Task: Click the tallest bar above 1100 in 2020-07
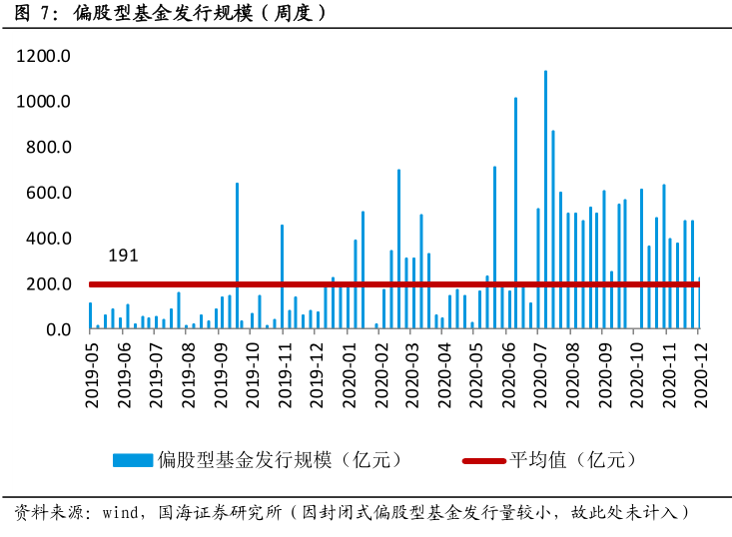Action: [x=545, y=200]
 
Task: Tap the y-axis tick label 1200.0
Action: [x=42, y=57]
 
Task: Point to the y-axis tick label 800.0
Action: [x=47, y=148]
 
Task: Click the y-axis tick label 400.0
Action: [x=47, y=239]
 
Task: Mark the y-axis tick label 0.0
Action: [x=55, y=329]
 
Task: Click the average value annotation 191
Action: [x=123, y=257]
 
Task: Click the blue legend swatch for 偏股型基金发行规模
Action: [x=133, y=460]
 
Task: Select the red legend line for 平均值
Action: [x=483, y=460]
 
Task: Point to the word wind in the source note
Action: [x=122, y=513]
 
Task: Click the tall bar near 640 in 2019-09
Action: [x=237, y=256]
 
